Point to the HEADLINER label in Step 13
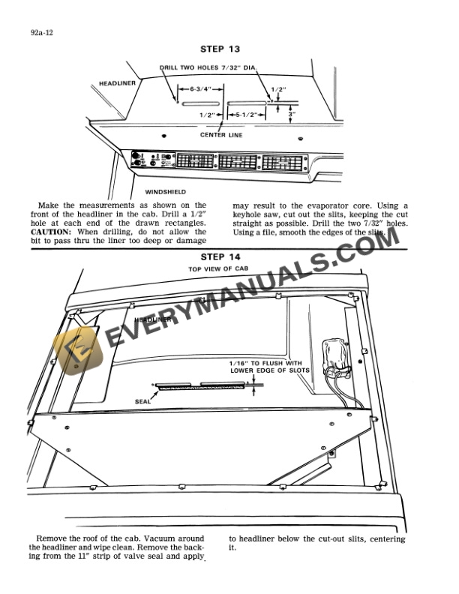click(116, 83)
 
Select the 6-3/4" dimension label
click(198, 88)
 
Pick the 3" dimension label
click(292, 114)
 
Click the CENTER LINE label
click(220, 136)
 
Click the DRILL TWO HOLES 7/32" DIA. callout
click(208, 68)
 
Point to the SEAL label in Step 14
click(142, 401)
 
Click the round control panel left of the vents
click(139, 160)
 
